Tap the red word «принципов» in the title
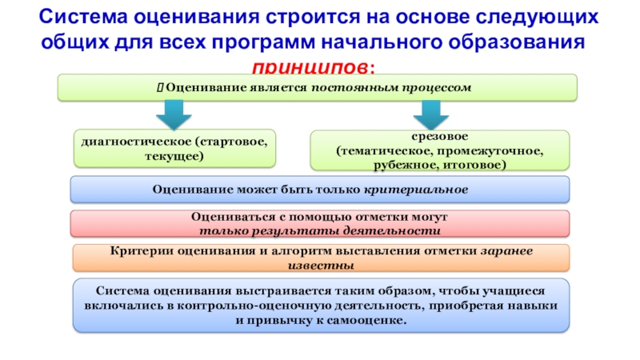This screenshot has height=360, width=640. point(314,65)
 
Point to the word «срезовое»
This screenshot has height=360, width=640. point(441,137)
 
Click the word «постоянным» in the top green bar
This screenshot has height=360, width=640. point(347,86)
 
